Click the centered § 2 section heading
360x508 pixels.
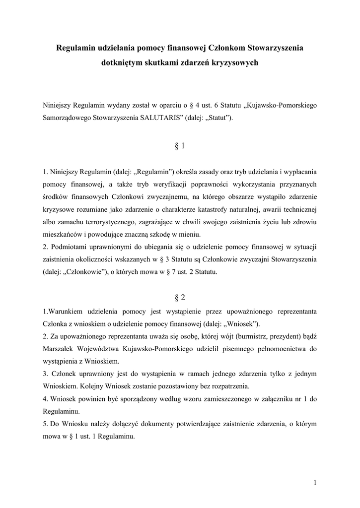180,298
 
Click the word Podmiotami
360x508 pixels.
70,247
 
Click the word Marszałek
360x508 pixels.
60,349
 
